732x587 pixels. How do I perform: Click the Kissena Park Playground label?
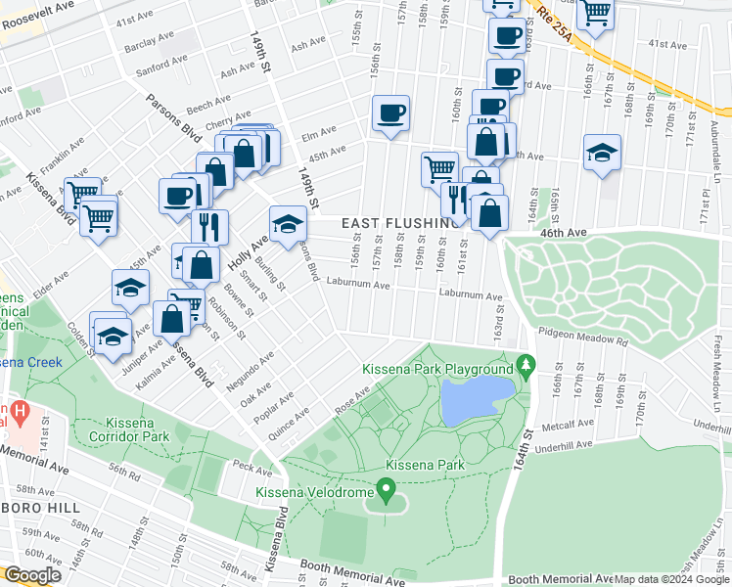click(x=437, y=369)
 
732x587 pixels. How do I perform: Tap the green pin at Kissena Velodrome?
click(x=387, y=486)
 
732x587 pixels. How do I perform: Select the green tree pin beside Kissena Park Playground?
click(x=526, y=366)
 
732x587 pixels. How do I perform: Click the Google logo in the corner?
click(x=32, y=575)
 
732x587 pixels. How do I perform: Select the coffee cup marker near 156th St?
click(x=390, y=114)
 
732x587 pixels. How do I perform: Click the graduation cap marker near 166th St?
click(x=602, y=153)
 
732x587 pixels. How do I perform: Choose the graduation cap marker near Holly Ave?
click(x=287, y=224)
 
